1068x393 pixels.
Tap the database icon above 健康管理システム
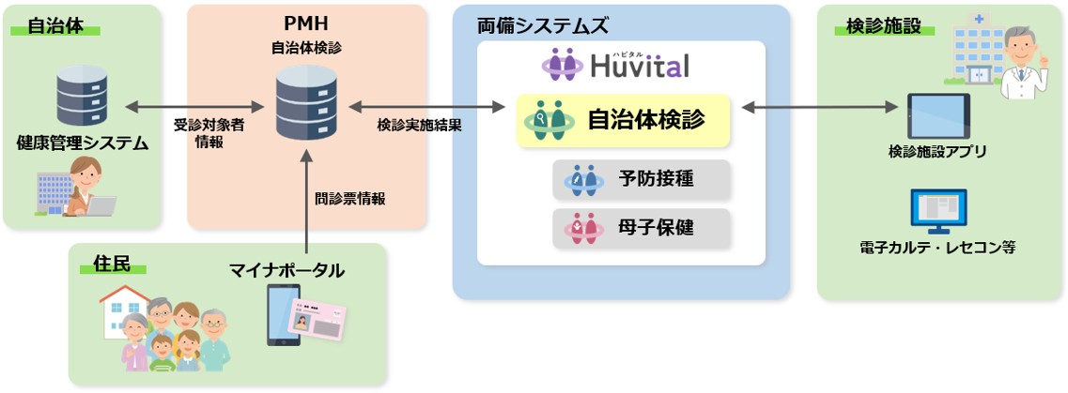(82, 95)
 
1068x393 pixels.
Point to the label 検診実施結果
(420, 126)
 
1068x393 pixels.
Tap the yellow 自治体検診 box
(623, 120)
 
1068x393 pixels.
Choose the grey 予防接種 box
(641, 179)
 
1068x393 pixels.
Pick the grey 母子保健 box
(641, 228)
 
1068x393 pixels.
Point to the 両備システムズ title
(543, 26)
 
